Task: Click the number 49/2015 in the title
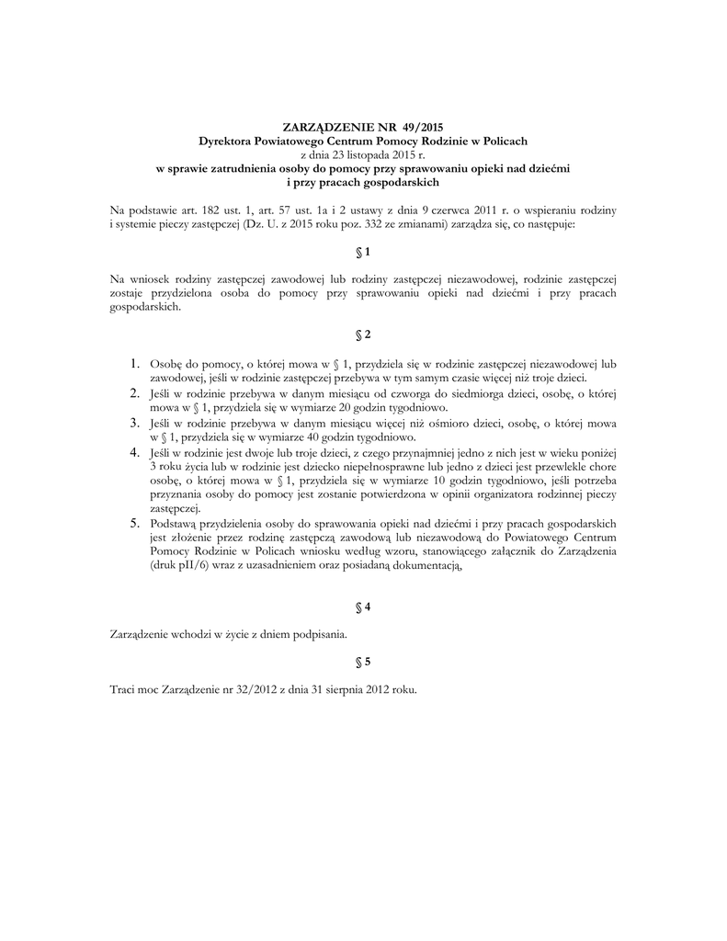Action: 423,127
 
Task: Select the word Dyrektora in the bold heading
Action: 226,141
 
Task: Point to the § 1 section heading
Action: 362,251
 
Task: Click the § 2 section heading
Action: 362,335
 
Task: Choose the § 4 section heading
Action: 362,607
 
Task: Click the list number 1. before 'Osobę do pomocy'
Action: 134,365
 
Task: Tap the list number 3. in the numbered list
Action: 134,424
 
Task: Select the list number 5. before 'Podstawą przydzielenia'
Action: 134,523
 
